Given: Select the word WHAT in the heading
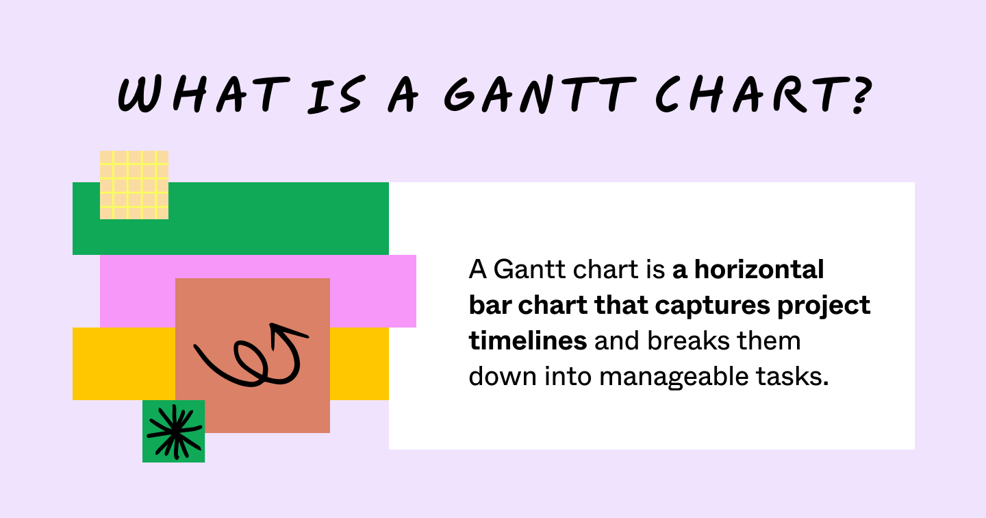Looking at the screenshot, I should click(199, 94).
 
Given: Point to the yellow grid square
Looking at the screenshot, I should click(134, 185).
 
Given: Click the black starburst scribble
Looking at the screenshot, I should click(175, 431).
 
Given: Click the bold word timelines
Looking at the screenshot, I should click(527, 341).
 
